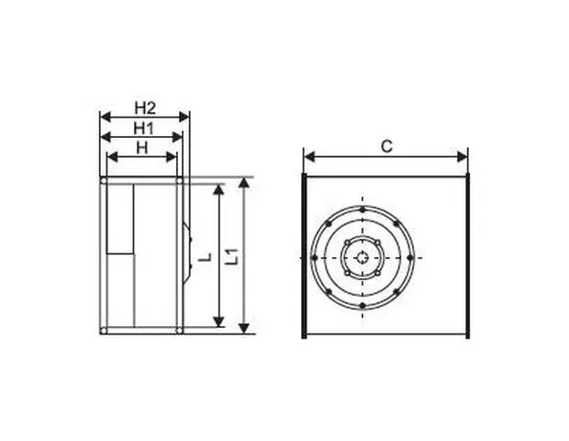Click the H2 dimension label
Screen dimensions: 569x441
tap(145, 107)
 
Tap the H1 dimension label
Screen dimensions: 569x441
tap(144, 129)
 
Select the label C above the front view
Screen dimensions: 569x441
tap(387, 146)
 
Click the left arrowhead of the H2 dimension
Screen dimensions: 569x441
tap(106, 117)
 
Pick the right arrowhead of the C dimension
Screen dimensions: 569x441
tap(463, 157)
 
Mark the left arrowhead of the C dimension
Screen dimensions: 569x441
tap(309, 157)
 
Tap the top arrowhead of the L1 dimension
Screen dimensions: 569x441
tap(245, 183)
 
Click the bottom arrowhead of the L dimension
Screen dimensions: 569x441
tap(218, 322)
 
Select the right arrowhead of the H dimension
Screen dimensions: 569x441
tap(172, 157)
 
